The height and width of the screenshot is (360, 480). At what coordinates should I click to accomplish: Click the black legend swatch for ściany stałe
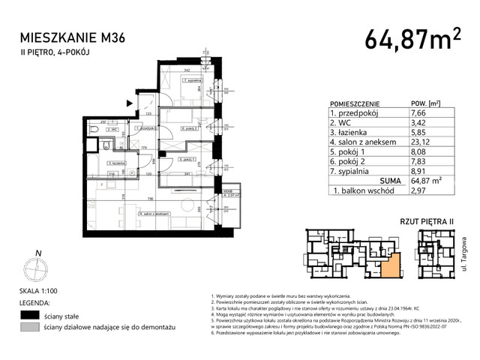click(30, 315)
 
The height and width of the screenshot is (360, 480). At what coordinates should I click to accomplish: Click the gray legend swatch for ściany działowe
click(30, 328)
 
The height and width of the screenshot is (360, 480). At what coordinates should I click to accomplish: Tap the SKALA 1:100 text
click(41, 290)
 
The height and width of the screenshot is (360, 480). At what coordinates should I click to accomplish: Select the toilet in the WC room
click(93, 130)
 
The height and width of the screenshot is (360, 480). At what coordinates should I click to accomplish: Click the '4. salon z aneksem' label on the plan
click(153, 215)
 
